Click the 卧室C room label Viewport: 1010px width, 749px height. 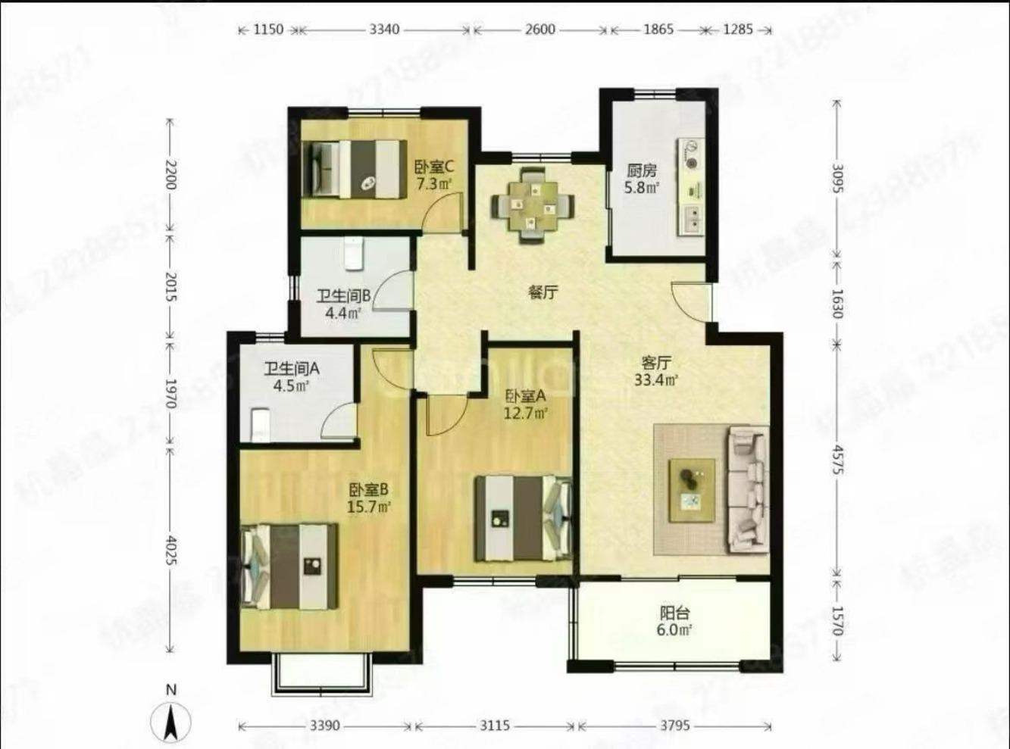pos(433,174)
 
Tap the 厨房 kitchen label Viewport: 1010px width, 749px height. pos(641,179)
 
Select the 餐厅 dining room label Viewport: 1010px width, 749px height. pos(543,292)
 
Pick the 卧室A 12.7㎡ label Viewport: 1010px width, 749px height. pos(526,404)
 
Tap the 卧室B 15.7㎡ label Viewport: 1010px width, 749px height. pos(368,498)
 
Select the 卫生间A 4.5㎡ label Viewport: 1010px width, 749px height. pos(291,377)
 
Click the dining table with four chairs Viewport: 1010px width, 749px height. pos(532,204)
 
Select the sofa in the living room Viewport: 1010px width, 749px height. pos(748,489)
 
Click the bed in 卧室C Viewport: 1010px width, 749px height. pos(354,169)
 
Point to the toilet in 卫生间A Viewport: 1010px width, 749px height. pos(260,424)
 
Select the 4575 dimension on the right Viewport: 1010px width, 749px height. pos(836,458)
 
